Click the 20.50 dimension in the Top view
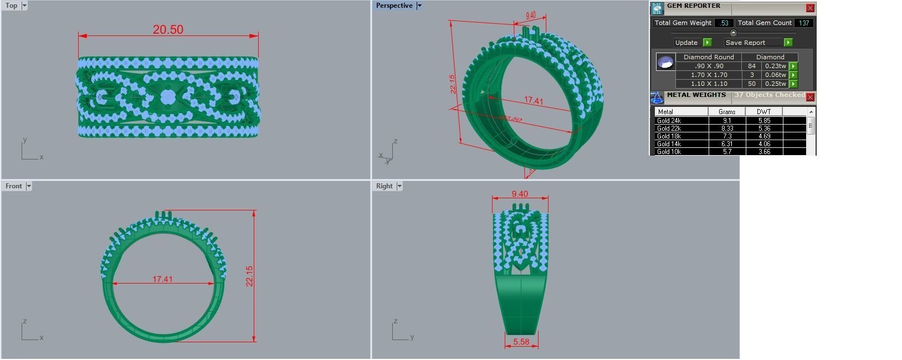tap(168, 30)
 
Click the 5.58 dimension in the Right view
tap(521, 342)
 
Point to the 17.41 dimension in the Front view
tap(162, 279)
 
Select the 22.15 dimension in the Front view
tap(249, 276)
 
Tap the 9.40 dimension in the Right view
tap(520, 194)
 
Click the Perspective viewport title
tap(394, 6)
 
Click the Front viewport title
tap(14, 186)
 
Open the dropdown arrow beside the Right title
tap(399, 186)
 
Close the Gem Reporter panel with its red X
tap(810, 8)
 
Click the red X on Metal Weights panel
tap(810, 97)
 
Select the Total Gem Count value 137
tap(804, 23)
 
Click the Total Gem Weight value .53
tap(724, 23)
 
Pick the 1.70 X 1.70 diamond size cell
tap(709, 75)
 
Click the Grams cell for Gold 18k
tap(727, 136)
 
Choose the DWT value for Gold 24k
tap(764, 121)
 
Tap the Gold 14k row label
tap(669, 144)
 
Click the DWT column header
tap(763, 112)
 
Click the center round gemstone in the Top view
tap(168, 97)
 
